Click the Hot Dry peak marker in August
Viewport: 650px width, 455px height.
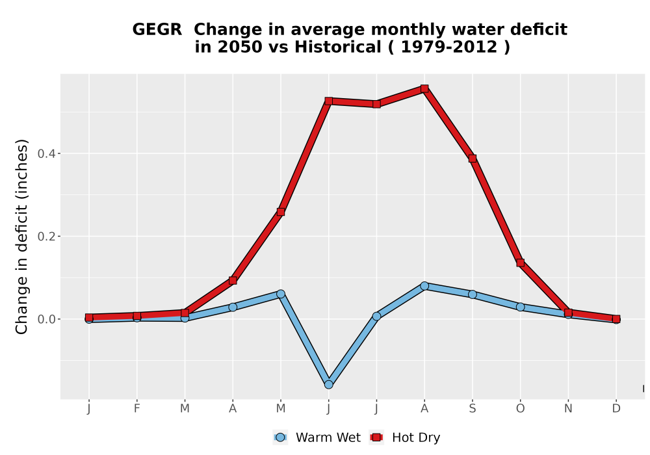[x=424, y=88]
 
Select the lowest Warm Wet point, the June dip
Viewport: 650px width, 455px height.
[x=328, y=385]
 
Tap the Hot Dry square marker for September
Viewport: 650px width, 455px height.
[x=472, y=159]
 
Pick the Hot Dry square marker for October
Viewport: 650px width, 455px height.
[x=520, y=263]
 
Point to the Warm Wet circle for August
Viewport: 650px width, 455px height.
[x=424, y=286]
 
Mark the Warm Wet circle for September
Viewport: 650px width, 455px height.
[x=472, y=294]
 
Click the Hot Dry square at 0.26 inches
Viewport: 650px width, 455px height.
[x=281, y=212]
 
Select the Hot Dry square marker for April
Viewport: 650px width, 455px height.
[x=233, y=281]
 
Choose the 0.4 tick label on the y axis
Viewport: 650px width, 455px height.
[x=46, y=154]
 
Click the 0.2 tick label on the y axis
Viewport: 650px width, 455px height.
[x=46, y=237]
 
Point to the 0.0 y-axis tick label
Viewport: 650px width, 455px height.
[x=46, y=319]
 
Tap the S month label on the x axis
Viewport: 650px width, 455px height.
[x=472, y=409]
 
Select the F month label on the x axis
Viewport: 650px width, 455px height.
[x=136, y=409]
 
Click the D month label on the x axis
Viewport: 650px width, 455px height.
[x=616, y=409]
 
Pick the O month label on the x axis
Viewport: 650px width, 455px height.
[x=520, y=409]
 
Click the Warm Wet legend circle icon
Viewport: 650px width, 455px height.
[x=280, y=437]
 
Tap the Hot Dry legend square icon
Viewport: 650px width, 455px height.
[x=376, y=437]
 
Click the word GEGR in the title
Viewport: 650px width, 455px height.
[x=157, y=30]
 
